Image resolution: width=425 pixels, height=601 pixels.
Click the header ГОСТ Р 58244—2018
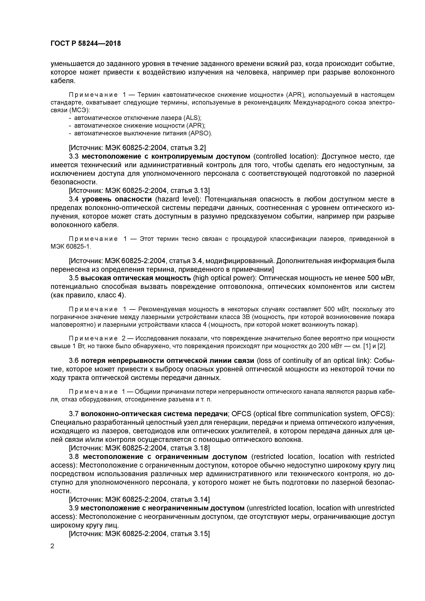(x=86, y=44)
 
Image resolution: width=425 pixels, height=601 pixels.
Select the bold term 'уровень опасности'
(x=117, y=199)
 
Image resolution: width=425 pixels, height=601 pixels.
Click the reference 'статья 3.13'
(x=190, y=191)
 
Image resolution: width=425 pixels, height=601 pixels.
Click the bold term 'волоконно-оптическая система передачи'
(x=154, y=414)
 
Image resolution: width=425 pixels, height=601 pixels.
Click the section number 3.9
(x=74, y=508)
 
